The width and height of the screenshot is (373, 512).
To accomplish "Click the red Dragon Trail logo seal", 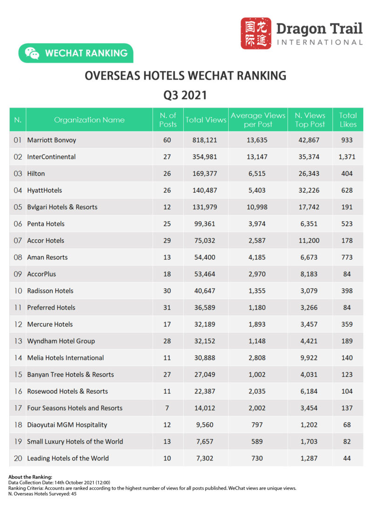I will pos(256,34).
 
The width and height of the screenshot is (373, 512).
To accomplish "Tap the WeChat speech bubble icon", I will pos(32,53).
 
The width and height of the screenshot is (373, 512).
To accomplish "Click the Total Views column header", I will pos(206,120).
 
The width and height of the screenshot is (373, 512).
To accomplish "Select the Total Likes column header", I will pos(348,120).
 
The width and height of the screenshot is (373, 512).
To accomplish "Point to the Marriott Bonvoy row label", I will pos(51,140).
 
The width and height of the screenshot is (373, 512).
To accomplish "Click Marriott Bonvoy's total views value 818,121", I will pos(206,140).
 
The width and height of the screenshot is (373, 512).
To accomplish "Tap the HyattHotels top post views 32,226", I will pos(310,190).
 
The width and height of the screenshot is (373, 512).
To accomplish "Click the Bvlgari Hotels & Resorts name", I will pos(62,207).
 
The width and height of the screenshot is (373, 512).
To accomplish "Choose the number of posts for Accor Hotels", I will pos(167,241).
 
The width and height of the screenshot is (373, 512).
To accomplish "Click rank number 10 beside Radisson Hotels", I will pos(18,291).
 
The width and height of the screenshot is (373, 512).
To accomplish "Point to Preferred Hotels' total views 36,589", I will pos(206,308).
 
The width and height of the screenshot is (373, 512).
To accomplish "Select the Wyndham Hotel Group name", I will pos(61,341).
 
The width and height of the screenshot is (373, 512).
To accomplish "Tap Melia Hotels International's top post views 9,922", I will pos(310,358).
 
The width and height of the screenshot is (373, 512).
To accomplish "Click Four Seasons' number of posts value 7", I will pos(167,408).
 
